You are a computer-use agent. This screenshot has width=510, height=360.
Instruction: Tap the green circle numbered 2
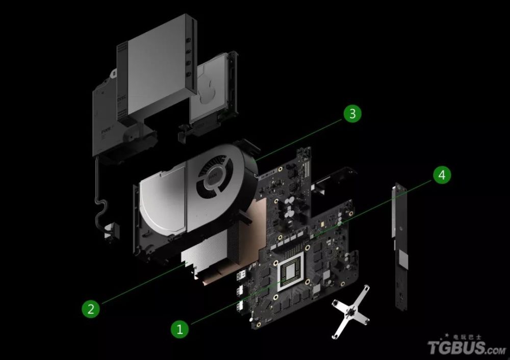[90, 308]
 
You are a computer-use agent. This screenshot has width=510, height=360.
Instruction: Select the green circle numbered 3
[352, 114]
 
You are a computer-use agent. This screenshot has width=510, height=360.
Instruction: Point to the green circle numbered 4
[442, 175]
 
